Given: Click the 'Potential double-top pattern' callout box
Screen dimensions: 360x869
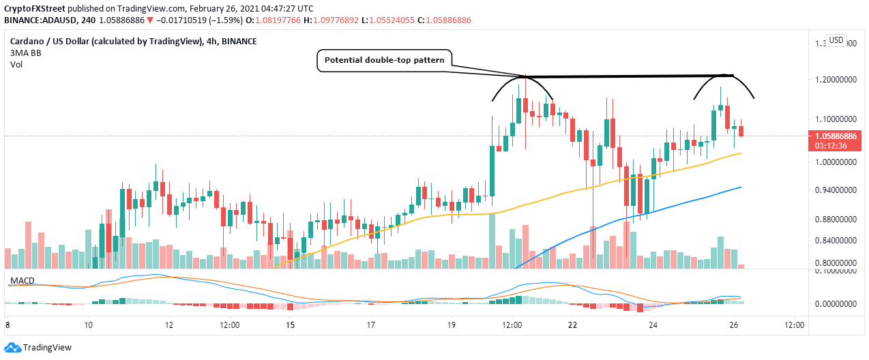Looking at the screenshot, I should (385, 61).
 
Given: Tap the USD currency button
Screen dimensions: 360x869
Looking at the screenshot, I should (837, 40).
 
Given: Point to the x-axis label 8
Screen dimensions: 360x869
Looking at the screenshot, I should (8, 325).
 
